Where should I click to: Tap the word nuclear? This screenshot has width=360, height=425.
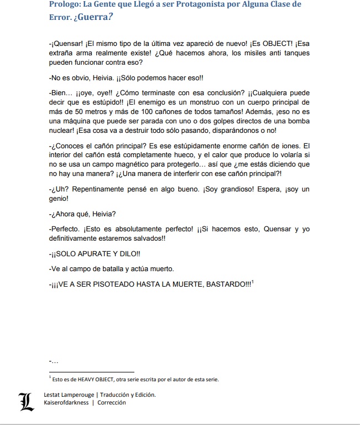62,131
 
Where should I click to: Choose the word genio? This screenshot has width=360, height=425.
59,198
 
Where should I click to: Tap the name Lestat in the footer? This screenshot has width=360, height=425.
54,395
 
